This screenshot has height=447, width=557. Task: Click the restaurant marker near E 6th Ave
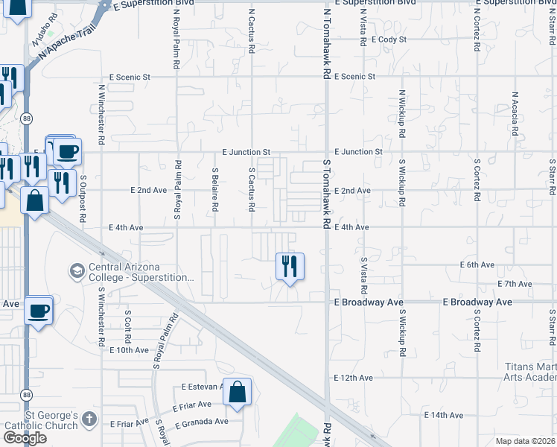290,266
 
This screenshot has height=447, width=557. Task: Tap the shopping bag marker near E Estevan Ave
237,392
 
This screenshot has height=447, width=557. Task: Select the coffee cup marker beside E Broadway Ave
38,310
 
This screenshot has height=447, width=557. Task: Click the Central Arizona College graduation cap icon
76,270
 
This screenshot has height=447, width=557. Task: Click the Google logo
25,438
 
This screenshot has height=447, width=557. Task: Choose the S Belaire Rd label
214,189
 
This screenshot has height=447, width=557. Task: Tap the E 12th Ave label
353,378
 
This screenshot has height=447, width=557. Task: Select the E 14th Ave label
444,415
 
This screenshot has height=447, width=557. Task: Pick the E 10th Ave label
129,349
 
